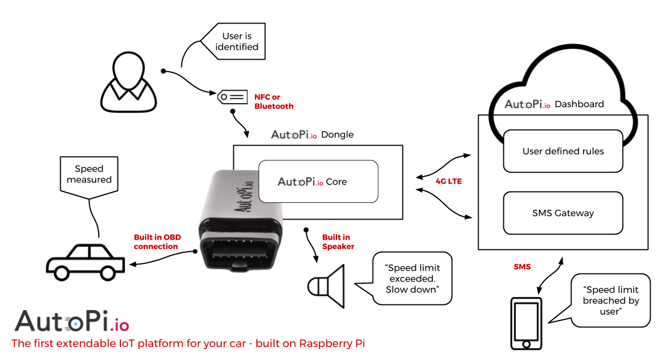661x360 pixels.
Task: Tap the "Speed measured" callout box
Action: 89,174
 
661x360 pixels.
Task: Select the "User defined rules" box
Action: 563,151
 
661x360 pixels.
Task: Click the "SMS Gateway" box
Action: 563,213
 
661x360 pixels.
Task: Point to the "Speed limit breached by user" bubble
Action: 611,300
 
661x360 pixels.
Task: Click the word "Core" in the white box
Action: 337,182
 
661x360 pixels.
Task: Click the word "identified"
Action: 237,47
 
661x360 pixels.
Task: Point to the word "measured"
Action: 89,179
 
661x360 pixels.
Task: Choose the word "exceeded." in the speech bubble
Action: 412,279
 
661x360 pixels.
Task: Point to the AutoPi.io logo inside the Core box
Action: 300,182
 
